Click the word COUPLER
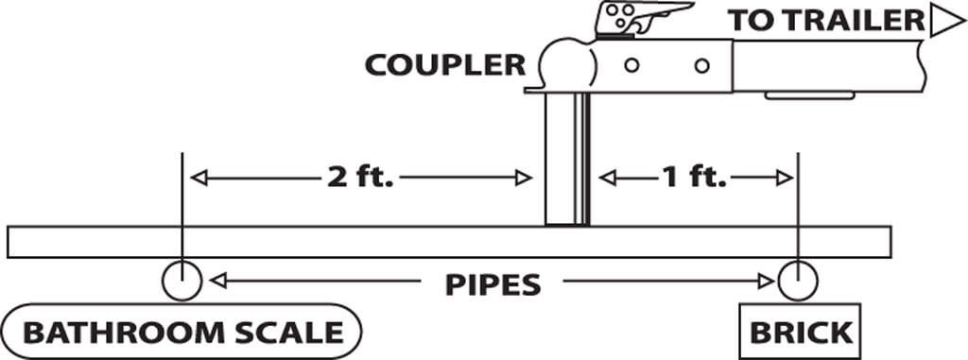coord(445,65)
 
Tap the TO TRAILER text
coord(826,21)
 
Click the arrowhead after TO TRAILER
coord(946,21)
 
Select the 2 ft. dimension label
coord(360,178)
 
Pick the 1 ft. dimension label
coord(694,178)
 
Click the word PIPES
coord(493,284)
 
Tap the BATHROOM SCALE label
coord(182,333)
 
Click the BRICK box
coord(800,332)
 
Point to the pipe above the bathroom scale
coord(181,281)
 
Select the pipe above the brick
coord(798,281)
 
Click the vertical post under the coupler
coord(567,160)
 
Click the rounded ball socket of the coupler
coord(567,63)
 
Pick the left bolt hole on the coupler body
coord(631,65)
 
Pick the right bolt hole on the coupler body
coord(702,65)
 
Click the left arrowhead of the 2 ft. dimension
coord(199,178)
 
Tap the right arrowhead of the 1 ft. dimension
coord(785,178)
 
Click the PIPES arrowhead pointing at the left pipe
coord(218,282)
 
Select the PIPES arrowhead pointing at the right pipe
coord(766,282)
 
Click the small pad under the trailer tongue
coord(809,95)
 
